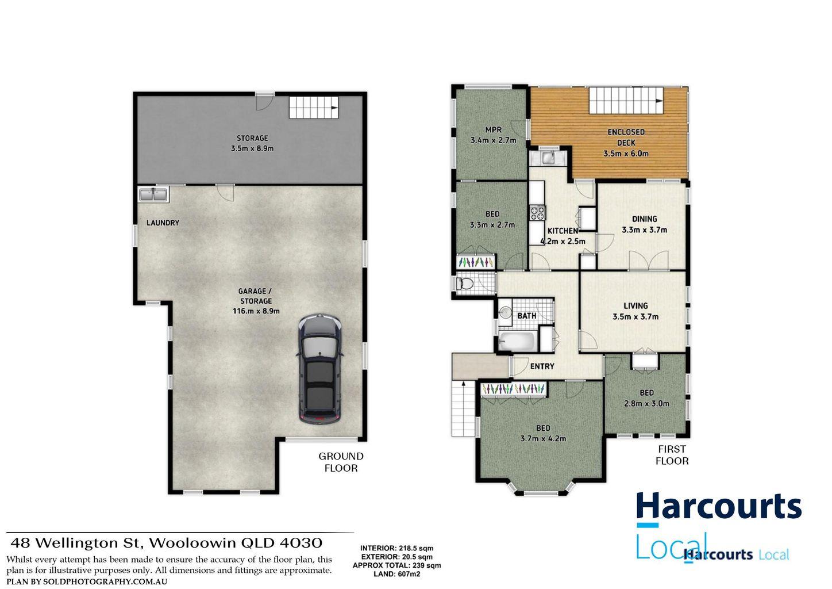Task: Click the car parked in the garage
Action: [x=320, y=369]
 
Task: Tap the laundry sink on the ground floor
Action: [x=152, y=194]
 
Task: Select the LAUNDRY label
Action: [x=163, y=223]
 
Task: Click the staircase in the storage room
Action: [x=313, y=108]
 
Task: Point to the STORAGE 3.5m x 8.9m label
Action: [x=252, y=143]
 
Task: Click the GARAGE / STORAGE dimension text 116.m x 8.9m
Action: [x=256, y=311]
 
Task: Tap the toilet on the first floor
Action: [x=463, y=284]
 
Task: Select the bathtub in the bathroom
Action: [x=517, y=341]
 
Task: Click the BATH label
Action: [x=526, y=316]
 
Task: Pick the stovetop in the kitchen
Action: [x=537, y=213]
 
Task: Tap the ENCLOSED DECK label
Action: [x=626, y=137]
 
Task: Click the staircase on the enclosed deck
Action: [x=626, y=101]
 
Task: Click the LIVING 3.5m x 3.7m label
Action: [x=635, y=311]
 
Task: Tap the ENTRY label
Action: [x=542, y=366]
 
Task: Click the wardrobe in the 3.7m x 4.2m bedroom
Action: [x=514, y=389]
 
